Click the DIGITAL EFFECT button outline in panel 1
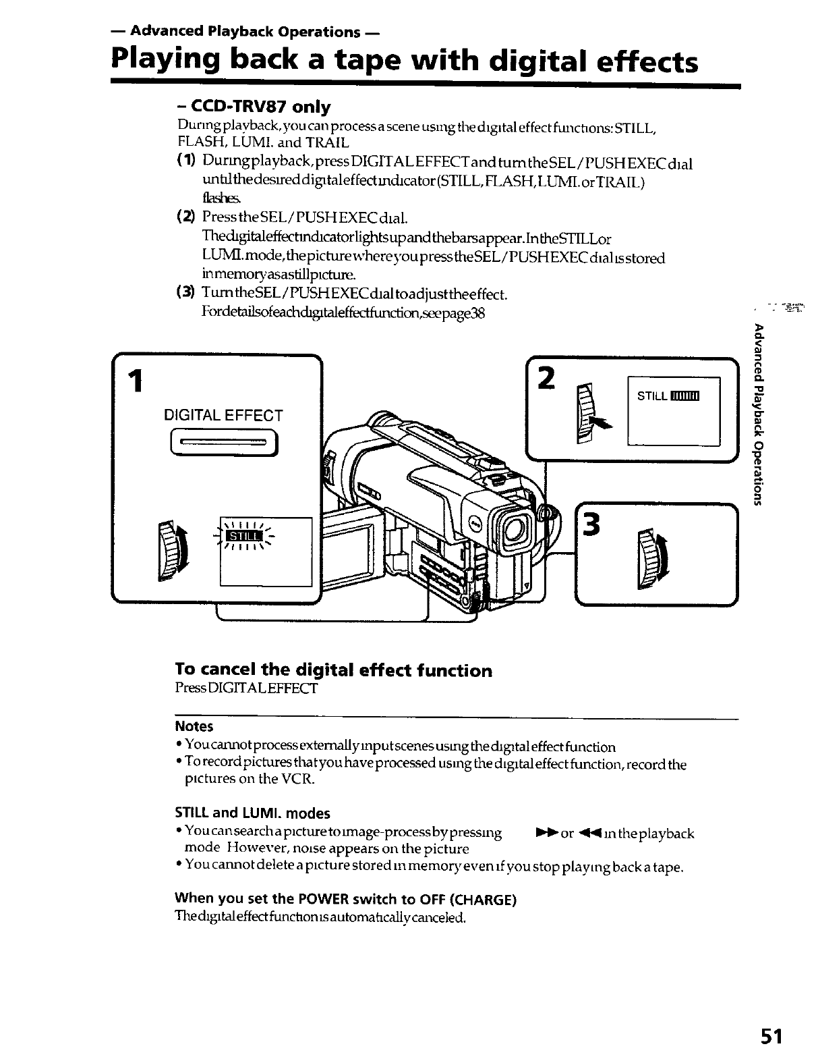click(x=224, y=445)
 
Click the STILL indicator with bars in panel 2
click(x=668, y=396)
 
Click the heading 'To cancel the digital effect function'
click(x=333, y=670)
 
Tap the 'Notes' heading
click(x=194, y=727)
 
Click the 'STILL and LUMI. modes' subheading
click(x=252, y=813)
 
